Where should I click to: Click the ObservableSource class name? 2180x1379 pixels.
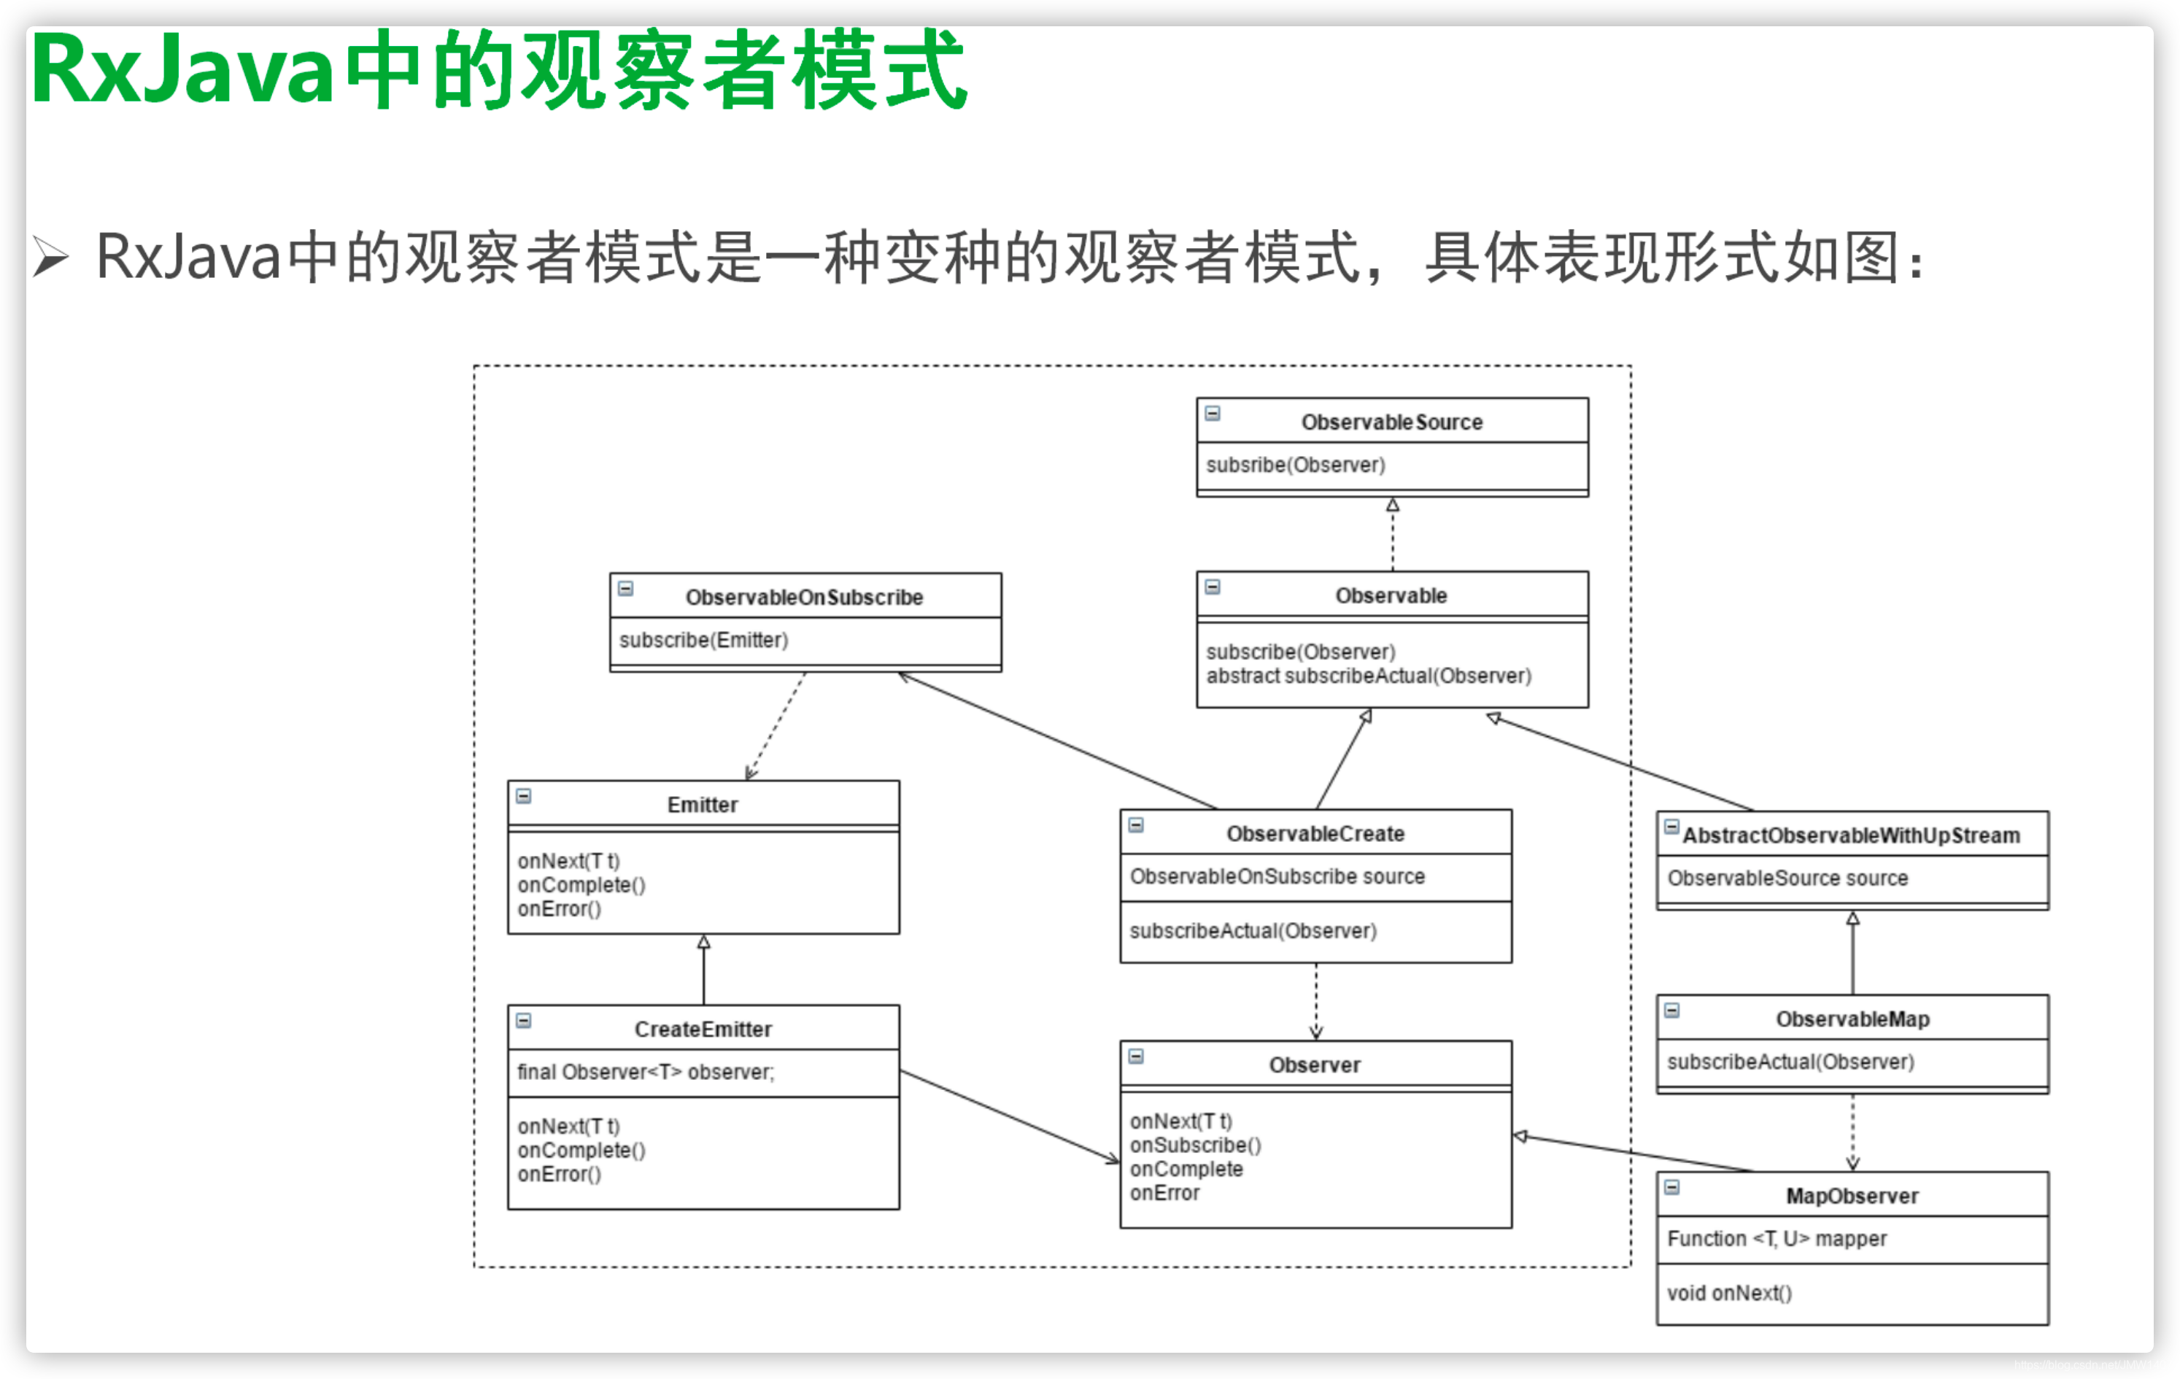coord(1391,422)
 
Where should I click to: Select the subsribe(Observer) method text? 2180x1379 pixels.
coord(1294,465)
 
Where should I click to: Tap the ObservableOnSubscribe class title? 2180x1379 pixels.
coord(804,597)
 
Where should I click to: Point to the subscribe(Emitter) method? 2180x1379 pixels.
coord(703,640)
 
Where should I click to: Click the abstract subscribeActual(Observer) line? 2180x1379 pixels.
coord(1368,676)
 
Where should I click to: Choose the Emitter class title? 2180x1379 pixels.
coord(703,804)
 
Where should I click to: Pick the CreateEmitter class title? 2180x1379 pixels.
coord(703,1029)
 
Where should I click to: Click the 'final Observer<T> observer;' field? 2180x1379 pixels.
coord(646,1072)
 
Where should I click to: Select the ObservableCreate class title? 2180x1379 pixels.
coord(1315,833)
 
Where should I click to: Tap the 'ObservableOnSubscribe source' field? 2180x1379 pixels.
coord(1277,876)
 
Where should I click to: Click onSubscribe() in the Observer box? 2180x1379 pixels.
coord(1195,1145)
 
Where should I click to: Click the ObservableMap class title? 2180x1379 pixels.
coord(1852,1019)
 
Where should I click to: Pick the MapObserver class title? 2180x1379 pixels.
coord(1852,1195)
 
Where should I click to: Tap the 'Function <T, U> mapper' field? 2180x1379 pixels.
coord(1777,1239)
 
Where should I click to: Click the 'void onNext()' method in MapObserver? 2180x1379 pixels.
coord(1728,1293)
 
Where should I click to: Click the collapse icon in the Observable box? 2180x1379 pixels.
coord(1213,587)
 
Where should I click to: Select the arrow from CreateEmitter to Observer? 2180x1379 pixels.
coord(1010,1116)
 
